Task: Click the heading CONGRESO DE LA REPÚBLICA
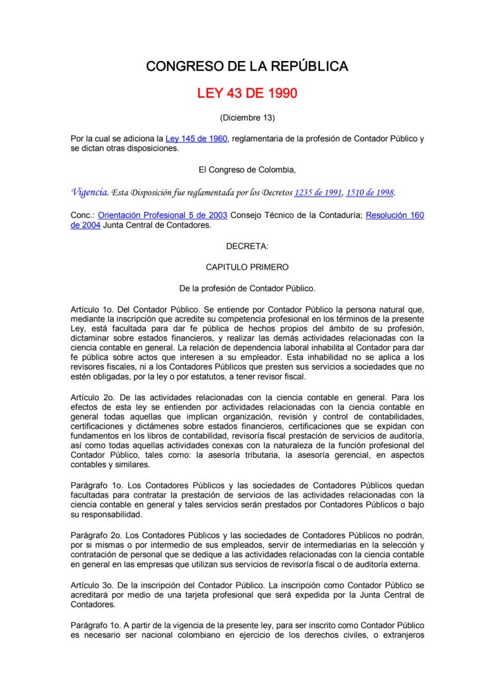(247, 66)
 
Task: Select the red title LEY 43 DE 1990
(247, 94)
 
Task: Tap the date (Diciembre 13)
(247, 117)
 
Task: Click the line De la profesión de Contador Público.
(247, 288)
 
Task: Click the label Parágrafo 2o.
(96, 531)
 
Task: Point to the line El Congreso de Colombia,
(247, 170)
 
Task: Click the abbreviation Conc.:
(82, 215)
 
